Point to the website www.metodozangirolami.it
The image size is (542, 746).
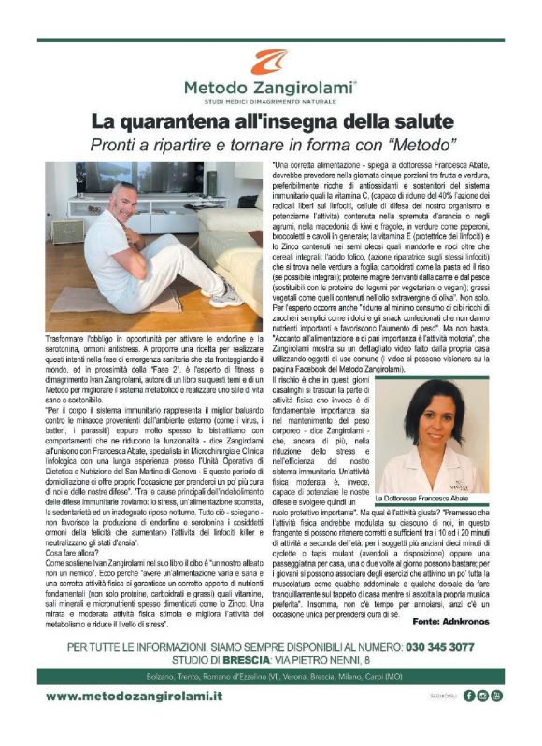click(x=135, y=723)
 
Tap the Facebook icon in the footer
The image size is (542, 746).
click(x=470, y=722)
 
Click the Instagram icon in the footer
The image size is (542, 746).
click(x=483, y=722)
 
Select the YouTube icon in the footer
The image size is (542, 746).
click(x=496, y=722)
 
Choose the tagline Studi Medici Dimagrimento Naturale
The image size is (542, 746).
click(x=271, y=101)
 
